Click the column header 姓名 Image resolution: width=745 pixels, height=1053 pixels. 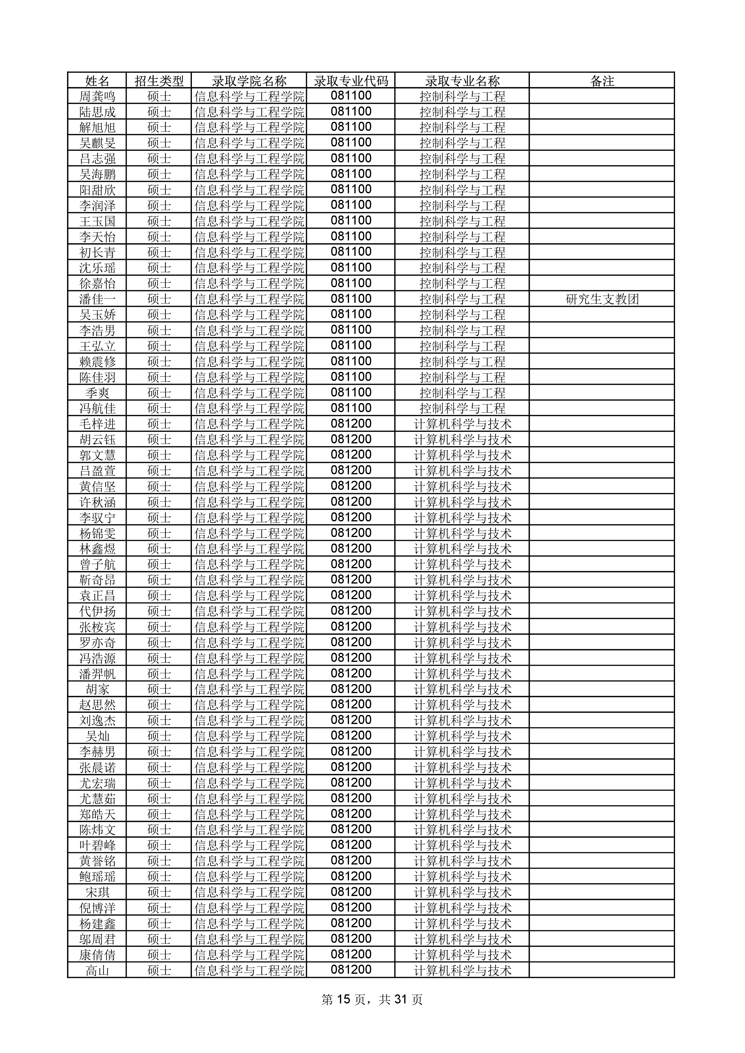pos(97,81)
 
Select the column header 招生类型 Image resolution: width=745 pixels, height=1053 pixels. pos(159,81)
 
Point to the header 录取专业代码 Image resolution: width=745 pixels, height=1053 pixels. pos(351,81)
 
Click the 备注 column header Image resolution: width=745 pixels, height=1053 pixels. pos(602,81)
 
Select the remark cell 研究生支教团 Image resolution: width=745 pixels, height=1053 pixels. pos(602,299)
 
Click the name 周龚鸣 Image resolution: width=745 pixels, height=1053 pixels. pos(97,96)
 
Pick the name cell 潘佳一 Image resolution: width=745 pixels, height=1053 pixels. pos(97,299)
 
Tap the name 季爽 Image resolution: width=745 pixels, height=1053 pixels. pos(97,393)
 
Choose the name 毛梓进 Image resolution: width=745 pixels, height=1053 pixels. pos(97,424)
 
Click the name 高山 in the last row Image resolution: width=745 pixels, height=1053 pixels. pos(97,970)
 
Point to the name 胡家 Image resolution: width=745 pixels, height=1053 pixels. pos(97,689)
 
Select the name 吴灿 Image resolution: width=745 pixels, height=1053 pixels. pos(97,736)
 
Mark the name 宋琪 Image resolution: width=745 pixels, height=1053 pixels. pos(97,892)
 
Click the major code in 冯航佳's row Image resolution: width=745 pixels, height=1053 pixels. pos(351,408)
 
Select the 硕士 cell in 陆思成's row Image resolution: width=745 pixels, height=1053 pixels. pos(159,112)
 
